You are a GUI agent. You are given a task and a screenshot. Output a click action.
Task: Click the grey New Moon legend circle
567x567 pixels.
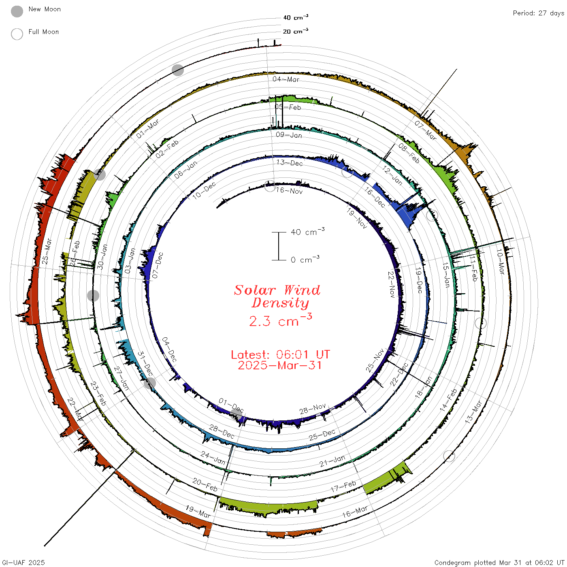[17, 11]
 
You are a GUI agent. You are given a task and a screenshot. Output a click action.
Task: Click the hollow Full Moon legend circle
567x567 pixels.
[17, 34]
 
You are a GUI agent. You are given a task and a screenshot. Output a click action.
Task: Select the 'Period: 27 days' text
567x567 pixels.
[538, 13]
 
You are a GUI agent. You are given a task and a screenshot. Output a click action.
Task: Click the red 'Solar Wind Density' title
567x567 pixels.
[277, 296]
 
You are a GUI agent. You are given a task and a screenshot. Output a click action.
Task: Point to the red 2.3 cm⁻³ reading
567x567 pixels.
[280, 320]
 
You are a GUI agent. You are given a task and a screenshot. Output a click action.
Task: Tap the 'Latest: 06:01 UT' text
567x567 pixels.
[280, 354]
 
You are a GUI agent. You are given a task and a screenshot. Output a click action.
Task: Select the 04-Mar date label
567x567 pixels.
[286, 79]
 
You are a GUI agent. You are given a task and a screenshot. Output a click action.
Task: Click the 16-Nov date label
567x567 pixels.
[289, 191]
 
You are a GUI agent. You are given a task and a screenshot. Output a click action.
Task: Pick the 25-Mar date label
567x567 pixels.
[47, 251]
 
